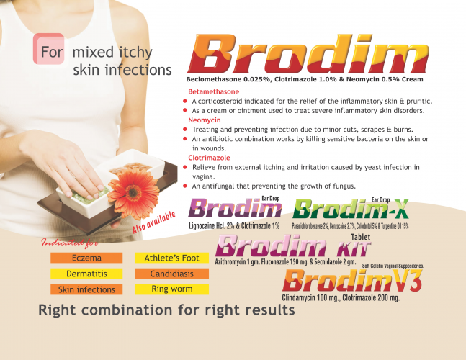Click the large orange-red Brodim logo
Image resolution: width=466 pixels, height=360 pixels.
(308, 54)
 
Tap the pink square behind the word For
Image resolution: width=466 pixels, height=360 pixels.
(49, 49)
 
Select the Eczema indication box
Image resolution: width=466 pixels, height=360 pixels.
(86, 258)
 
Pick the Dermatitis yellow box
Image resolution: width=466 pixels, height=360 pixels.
(86, 274)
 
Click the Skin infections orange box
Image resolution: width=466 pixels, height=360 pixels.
(86, 289)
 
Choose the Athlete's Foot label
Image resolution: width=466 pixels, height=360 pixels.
(171, 258)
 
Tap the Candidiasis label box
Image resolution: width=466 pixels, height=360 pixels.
(171, 274)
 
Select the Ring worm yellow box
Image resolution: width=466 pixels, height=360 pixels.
(171, 289)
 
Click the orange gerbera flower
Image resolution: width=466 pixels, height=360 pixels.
(133, 193)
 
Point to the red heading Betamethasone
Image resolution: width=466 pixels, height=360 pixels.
(214, 91)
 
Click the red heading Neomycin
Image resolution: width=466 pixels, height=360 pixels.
(205, 120)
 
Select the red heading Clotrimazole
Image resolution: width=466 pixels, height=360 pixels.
(209, 158)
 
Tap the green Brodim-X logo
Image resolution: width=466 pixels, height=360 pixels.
(351, 209)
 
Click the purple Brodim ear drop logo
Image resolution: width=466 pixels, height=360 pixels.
(235, 207)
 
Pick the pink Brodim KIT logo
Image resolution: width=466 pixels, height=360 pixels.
(292, 246)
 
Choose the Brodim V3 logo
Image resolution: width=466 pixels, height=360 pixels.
(352, 281)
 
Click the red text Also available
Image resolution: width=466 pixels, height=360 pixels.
(154, 222)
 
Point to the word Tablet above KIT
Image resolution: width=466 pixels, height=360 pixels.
(361, 237)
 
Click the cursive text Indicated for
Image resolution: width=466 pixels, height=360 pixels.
(70, 243)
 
